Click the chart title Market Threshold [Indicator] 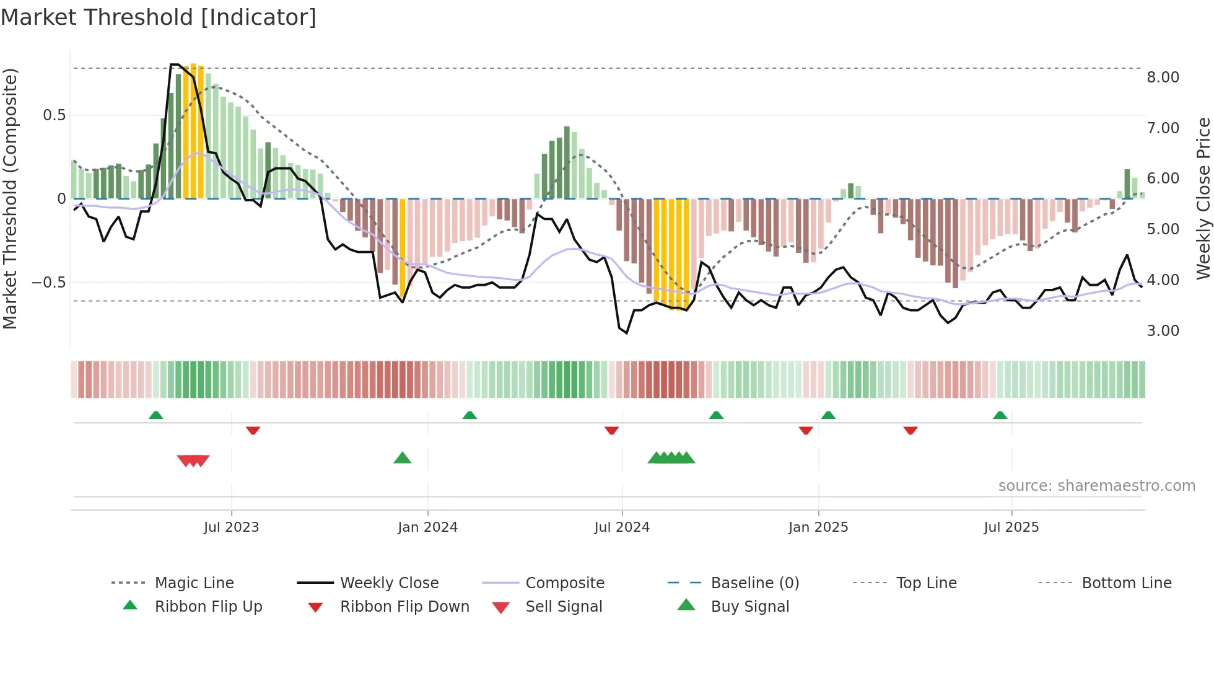[x=159, y=17]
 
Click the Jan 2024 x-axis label [x=427, y=527]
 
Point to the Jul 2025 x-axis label [x=1011, y=527]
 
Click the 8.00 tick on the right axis [x=1163, y=77]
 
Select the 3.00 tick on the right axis [x=1163, y=330]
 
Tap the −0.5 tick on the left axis [x=48, y=282]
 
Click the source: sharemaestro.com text [x=1096, y=485]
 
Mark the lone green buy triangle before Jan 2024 [x=403, y=458]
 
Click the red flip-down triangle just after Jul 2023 [x=253, y=430]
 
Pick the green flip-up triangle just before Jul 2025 [x=1000, y=415]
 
